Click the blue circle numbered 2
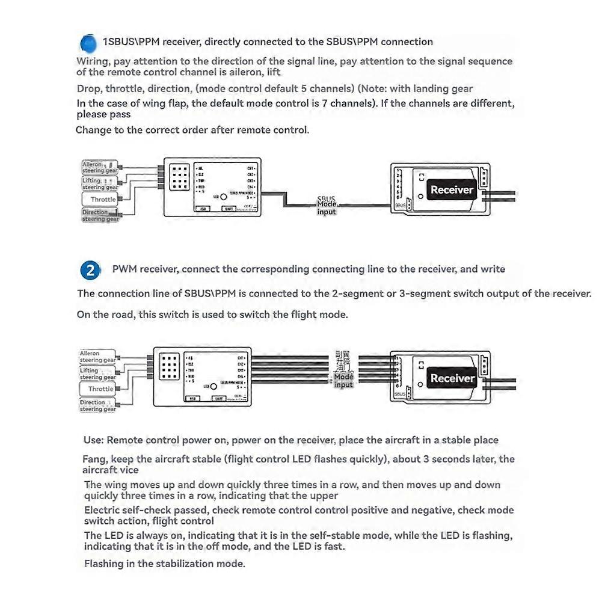click(x=90, y=270)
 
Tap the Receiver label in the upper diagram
click(x=452, y=189)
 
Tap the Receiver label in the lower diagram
click(x=452, y=378)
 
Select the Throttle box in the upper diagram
click(x=102, y=199)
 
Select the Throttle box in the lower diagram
click(x=100, y=389)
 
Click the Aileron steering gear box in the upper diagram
click(x=100, y=167)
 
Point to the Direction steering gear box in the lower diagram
click(x=97, y=405)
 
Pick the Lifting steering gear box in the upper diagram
click(x=100, y=183)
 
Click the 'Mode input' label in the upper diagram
click(x=327, y=207)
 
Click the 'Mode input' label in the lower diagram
click(x=343, y=381)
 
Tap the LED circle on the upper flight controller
click(x=224, y=196)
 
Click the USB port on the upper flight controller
click(x=204, y=209)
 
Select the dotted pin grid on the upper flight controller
click(x=179, y=176)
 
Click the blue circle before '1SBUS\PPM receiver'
click(x=88, y=43)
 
